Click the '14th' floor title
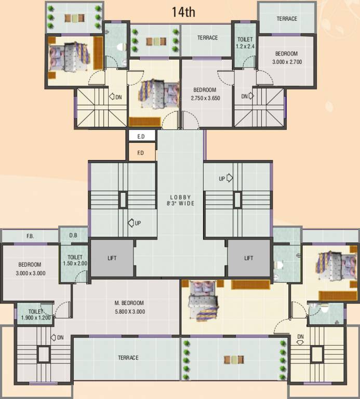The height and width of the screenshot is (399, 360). [183, 12]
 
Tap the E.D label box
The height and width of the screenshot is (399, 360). [141, 137]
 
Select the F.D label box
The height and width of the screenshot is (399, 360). [141, 153]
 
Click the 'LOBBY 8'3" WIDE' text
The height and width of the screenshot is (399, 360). [181, 201]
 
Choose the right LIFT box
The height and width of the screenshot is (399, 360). [249, 258]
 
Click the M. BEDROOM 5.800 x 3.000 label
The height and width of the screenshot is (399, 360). [129, 307]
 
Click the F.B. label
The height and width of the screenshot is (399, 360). [30, 236]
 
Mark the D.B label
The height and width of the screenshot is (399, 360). [73, 235]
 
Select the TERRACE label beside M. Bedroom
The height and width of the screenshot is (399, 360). [128, 358]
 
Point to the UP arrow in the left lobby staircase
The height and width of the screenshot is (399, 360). [135, 223]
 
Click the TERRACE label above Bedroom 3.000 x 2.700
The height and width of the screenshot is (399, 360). [287, 19]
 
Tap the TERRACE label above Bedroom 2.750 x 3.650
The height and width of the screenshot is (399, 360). [207, 38]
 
